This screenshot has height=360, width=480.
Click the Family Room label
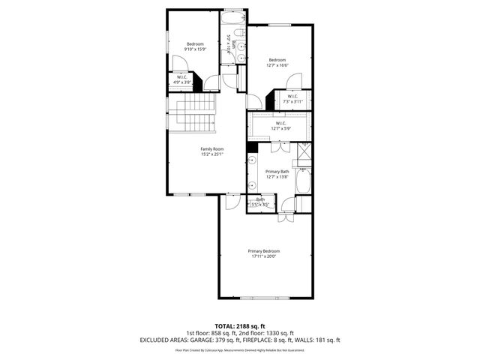[211, 148]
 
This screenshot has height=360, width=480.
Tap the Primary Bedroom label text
[264, 250]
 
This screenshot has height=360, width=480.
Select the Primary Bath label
[277, 171]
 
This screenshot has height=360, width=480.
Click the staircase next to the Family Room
[198, 113]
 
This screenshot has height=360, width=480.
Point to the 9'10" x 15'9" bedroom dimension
[196, 49]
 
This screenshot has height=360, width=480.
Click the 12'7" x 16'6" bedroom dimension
[277, 65]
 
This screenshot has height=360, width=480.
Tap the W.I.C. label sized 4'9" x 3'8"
[183, 80]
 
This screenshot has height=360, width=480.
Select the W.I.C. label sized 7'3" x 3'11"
[292, 100]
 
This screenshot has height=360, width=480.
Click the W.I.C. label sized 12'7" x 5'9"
[280, 128]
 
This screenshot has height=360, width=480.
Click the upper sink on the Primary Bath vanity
[253, 160]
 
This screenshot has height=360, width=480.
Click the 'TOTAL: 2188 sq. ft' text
[240, 325]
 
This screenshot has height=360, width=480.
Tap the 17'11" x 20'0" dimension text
[264, 256]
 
